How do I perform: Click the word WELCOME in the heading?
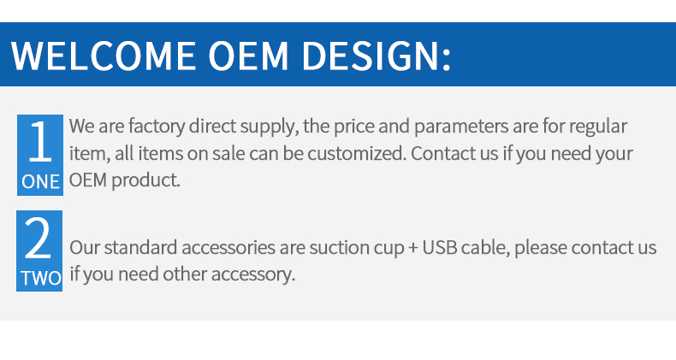[x=104, y=56]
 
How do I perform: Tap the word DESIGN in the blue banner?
[x=371, y=56]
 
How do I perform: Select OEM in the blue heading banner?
[x=248, y=56]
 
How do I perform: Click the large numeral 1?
[x=40, y=141]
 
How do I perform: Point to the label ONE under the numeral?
[x=40, y=182]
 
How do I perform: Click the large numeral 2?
[x=39, y=238]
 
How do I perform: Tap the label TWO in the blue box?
[x=41, y=278]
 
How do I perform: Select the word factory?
[x=156, y=127]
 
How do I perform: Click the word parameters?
[x=461, y=127]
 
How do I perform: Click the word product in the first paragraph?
[x=145, y=180]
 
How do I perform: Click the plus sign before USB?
[x=412, y=249]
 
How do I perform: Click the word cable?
[x=485, y=249]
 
